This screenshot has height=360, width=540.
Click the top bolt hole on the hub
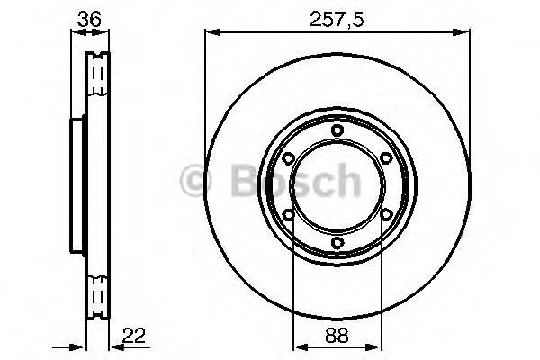point(337,130)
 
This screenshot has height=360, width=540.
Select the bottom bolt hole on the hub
point(337,242)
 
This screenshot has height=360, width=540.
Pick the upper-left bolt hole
point(288,158)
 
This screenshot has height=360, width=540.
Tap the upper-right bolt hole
point(385,158)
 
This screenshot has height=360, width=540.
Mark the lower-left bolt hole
point(288,214)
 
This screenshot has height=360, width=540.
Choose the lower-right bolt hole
point(385,214)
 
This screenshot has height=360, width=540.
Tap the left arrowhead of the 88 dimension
point(300,346)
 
